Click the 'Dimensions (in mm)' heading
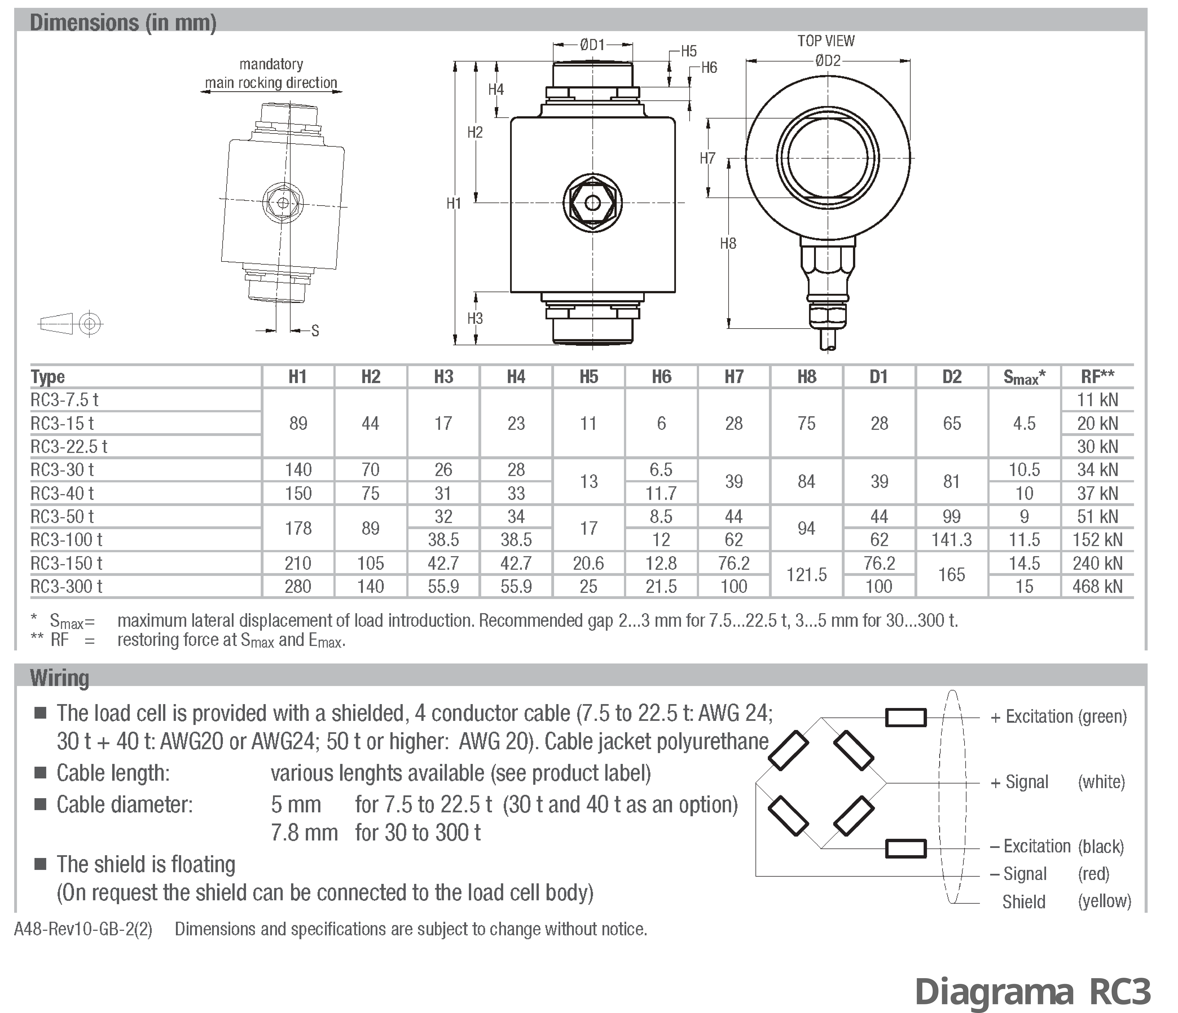click(123, 23)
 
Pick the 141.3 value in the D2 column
click(951, 539)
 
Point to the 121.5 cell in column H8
click(806, 575)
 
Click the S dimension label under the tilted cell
click(315, 331)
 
